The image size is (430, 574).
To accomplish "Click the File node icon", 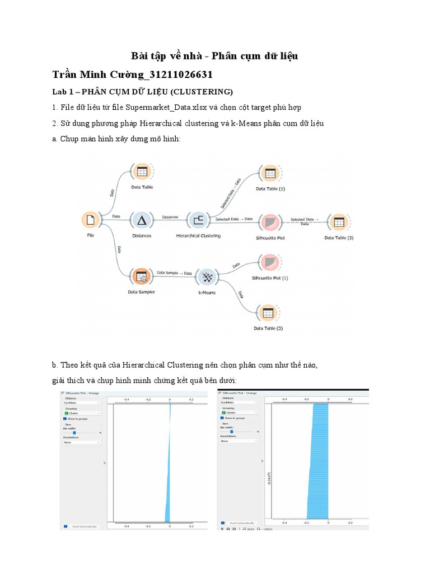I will click(x=91, y=220).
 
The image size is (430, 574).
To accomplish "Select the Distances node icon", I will click(x=142, y=220).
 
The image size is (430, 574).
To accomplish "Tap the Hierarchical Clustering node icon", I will click(x=198, y=220).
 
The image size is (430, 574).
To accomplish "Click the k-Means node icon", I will click(x=207, y=276).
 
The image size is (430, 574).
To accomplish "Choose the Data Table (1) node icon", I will click(x=270, y=174).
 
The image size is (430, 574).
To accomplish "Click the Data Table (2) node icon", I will click(x=338, y=221).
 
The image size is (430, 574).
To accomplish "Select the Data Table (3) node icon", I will click(x=268, y=313).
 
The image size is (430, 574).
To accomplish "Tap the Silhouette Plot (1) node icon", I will click(x=270, y=262).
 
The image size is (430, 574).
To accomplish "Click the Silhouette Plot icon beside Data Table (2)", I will click(x=270, y=221).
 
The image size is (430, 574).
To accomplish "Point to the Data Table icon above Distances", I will click(x=142, y=172).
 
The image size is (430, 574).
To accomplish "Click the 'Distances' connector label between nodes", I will click(x=170, y=216).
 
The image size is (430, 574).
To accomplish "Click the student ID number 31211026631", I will click(x=182, y=75).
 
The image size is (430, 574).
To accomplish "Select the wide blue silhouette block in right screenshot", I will click(x=317, y=465).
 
